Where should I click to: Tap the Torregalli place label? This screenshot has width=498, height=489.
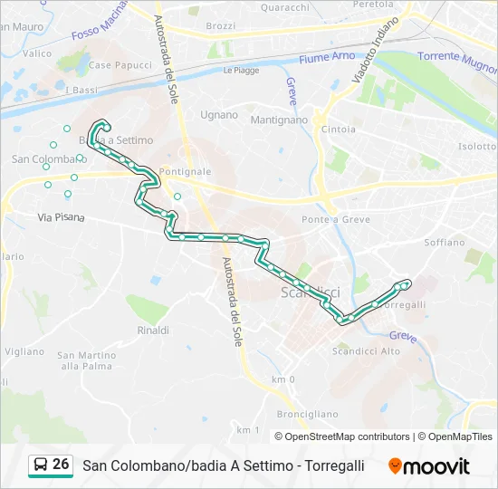[405, 304]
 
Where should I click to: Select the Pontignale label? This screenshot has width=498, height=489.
[185, 171]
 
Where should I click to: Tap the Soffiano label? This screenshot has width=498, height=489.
[444, 243]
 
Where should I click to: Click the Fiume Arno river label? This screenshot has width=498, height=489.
[327, 57]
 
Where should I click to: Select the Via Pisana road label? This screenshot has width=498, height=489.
[61, 217]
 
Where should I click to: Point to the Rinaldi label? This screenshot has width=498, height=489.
[153, 331]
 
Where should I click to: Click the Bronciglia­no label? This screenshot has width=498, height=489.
[308, 413]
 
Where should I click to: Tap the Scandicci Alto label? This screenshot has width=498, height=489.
[366, 351]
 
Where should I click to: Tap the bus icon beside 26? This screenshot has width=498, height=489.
[40, 465]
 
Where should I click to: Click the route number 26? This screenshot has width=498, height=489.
[61, 465]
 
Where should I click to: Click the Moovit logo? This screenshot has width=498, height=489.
[429, 466]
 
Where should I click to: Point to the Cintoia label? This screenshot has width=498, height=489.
[338, 129]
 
